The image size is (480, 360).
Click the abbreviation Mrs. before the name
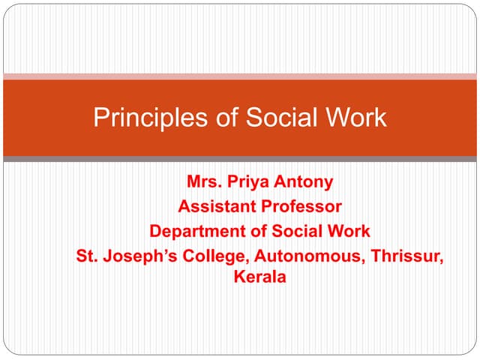coord(202,181)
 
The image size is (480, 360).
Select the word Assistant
coord(213,205)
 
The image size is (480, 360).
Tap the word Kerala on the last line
coord(259,277)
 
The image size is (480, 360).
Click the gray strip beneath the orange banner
coord(240,159)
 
